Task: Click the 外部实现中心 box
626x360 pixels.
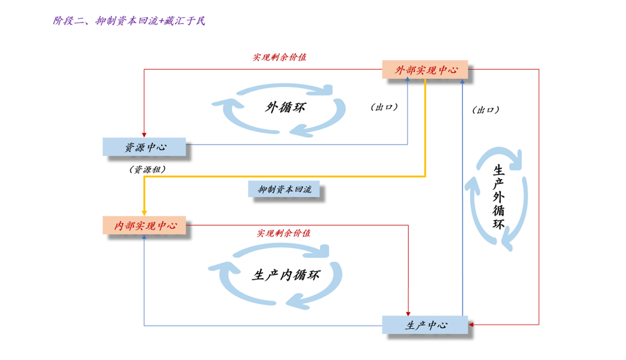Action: (425, 69)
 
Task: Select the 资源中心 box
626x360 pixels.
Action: (144, 147)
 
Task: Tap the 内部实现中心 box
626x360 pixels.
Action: (144, 225)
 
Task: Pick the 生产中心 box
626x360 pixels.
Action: (425, 325)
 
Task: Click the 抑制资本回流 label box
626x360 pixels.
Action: (284, 189)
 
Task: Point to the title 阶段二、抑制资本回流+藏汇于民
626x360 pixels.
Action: (129, 21)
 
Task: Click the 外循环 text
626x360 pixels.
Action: (285, 107)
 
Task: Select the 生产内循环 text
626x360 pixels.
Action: (286, 275)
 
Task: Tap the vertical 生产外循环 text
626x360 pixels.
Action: (498, 197)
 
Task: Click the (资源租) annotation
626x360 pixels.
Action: (147, 170)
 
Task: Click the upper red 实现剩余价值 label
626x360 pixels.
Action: (279, 57)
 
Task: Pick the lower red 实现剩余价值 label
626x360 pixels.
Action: (284, 233)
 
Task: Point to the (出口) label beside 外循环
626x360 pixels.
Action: (384, 107)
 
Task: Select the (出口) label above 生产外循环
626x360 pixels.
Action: (486, 110)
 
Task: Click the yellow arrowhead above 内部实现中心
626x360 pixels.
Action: (144, 213)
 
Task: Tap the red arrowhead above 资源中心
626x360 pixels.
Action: (144, 135)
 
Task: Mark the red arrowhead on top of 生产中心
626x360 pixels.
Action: (408, 313)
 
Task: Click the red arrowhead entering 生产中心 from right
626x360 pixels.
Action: (471, 324)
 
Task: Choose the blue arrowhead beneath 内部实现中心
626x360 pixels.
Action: (144, 237)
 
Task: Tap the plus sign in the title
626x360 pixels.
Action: (161, 21)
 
